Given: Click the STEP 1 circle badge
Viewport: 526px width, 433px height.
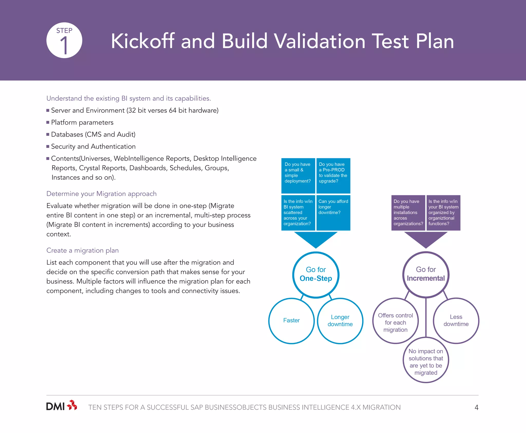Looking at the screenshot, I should [64, 40].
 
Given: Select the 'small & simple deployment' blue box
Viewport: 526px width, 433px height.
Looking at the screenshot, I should [298, 176].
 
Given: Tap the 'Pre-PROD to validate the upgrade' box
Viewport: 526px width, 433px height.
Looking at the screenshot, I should [333, 176].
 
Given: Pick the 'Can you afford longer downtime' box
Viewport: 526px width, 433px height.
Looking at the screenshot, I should [333, 213].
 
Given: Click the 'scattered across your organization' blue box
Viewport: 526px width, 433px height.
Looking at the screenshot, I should [298, 213].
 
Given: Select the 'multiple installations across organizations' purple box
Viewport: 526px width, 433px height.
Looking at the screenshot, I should [408, 213].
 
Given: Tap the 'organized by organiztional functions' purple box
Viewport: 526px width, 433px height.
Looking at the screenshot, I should [443, 213].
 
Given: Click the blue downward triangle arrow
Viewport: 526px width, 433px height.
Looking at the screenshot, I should [316, 239].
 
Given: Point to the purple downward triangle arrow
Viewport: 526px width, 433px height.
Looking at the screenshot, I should [426, 239].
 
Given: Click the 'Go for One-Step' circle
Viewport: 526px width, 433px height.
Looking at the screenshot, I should [316, 275].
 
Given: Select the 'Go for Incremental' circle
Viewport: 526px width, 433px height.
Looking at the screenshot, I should [426, 275].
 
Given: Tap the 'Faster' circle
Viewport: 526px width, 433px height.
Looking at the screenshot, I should [292, 321].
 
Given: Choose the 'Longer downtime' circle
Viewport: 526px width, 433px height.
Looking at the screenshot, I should [340, 321].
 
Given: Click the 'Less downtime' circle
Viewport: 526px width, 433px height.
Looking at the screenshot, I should [456, 321].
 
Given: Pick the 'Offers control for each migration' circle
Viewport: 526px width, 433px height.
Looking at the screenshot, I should [396, 321].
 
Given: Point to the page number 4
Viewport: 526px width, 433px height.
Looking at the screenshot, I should [476, 407].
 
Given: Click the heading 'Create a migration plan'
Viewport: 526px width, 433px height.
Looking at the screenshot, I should [82, 250].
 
